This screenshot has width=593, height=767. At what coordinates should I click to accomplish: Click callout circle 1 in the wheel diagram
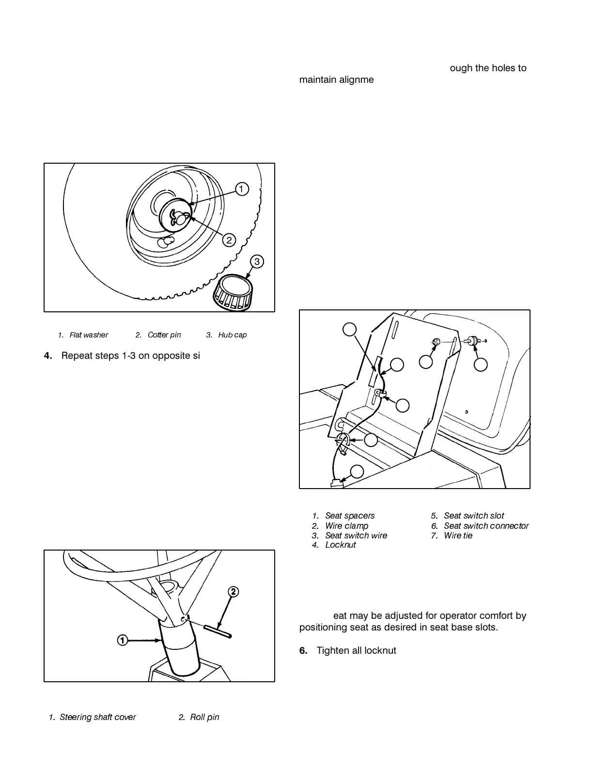(x=242, y=189)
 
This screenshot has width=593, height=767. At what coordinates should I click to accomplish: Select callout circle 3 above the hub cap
(x=257, y=261)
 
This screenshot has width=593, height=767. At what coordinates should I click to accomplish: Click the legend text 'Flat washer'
(x=89, y=335)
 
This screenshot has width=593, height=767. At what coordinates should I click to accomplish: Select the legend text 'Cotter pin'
(x=164, y=335)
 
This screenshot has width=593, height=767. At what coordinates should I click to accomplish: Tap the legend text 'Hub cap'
(x=233, y=335)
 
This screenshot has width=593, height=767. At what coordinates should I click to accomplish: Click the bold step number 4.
(x=47, y=356)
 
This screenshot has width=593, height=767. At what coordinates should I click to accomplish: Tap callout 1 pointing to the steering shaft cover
(x=123, y=640)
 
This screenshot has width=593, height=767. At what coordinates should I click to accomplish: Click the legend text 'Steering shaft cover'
(x=97, y=717)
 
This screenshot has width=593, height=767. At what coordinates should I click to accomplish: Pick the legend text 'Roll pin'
(x=204, y=717)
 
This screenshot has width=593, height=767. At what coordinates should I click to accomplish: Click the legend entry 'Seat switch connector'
(x=486, y=526)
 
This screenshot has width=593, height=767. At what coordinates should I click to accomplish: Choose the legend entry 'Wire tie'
(x=458, y=536)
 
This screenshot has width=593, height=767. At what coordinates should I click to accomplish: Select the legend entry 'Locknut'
(x=340, y=545)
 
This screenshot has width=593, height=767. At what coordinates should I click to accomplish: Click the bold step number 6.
(x=303, y=650)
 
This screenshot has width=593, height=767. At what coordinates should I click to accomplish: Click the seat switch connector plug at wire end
(x=336, y=483)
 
